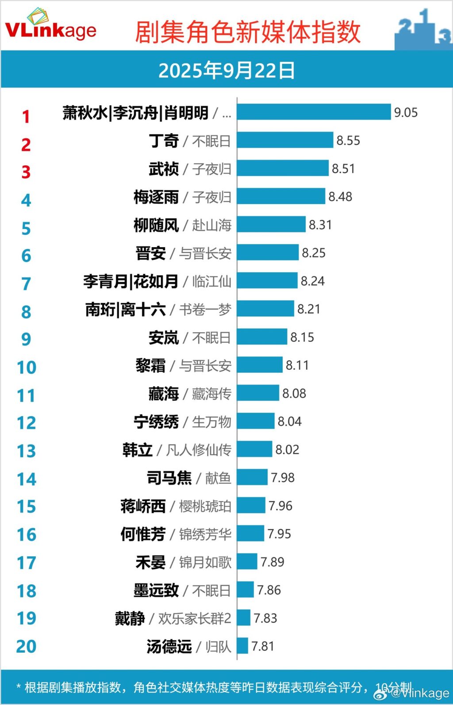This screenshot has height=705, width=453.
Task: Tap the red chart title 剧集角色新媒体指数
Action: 247,32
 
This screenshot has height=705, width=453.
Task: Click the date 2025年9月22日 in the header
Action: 226,70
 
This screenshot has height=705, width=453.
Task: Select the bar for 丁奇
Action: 285,140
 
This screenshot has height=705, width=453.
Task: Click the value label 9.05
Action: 406,112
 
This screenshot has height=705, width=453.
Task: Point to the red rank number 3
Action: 26,172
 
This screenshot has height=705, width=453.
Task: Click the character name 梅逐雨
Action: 156,197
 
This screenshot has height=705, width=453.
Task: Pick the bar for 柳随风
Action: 271,225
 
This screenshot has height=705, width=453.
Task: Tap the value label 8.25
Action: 314,253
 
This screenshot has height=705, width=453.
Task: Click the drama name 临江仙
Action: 211,281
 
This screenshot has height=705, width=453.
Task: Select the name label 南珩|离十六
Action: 125,309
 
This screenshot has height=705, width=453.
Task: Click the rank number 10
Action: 26,368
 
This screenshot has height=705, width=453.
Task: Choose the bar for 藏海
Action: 258,393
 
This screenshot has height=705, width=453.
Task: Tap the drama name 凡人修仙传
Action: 199,450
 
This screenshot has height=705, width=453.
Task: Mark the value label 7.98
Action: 283,477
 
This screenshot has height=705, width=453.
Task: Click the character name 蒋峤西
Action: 143,506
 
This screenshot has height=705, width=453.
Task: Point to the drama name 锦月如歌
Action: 205,562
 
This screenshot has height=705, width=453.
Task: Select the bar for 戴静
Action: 244,618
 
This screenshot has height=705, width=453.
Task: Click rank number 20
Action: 26,647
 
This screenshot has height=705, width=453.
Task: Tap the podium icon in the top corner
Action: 423,29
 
